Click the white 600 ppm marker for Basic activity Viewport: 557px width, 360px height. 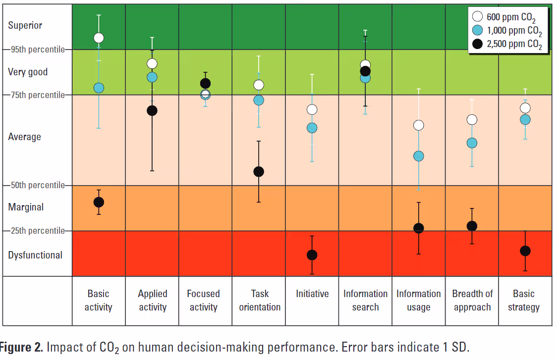coord(99,38)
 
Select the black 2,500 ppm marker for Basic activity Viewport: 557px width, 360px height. coord(99,202)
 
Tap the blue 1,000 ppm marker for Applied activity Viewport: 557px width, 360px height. coord(152,77)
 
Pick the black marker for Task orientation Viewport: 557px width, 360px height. coord(259,171)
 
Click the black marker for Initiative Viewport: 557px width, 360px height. coord(312,255)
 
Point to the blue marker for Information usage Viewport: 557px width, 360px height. coord(419,156)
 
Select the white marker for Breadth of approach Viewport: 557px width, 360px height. coord(472,119)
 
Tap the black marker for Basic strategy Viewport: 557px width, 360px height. coord(525,251)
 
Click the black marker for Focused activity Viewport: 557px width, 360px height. coord(205,83)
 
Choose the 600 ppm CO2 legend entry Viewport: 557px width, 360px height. coord(506,18)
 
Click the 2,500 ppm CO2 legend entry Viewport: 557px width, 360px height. coord(506,45)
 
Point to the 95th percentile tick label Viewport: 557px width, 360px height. coord(38,50)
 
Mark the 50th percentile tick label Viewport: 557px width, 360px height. coord(38,185)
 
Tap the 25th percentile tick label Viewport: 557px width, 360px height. coord(38,231)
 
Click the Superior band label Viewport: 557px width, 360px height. coord(25,25)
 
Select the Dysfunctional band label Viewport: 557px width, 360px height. coord(35,255)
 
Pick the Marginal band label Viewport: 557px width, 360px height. coord(26,207)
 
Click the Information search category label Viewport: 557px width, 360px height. coord(366,300)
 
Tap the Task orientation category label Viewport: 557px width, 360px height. coord(260,300)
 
